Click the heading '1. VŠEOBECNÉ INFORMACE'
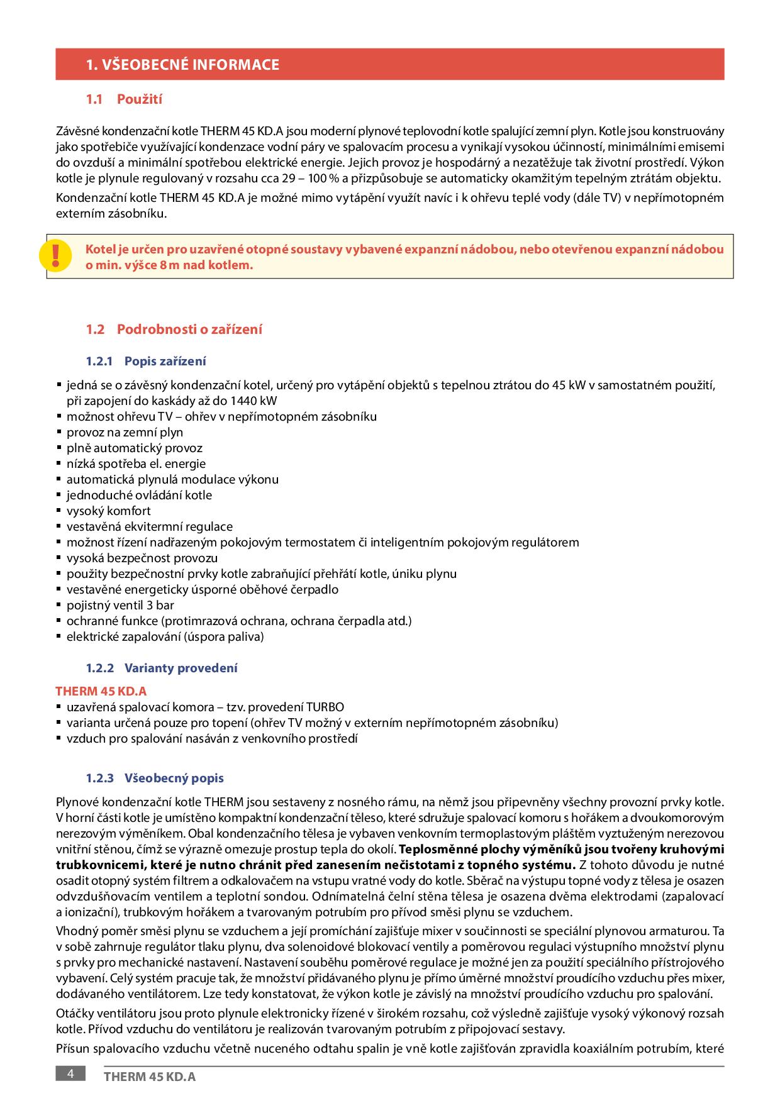click(x=182, y=65)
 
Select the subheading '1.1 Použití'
click(x=125, y=99)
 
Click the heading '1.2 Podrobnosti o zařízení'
click(x=174, y=330)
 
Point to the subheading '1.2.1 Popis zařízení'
click(x=146, y=362)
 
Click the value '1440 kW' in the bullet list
click(x=254, y=401)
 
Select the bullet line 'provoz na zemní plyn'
click(x=125, y=433)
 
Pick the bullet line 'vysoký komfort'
click(x=109, y=511)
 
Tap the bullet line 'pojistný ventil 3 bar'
click(x=120, y=606)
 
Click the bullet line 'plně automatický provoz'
click(x=135, y=448)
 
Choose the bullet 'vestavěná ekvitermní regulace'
click(x=150, y=527)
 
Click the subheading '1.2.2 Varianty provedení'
click(x=162, y=668)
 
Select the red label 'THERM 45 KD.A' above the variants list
click(x=101, y=692)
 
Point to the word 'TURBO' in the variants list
click(x=325, y=707)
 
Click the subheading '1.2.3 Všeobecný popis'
click(x=155, y=779)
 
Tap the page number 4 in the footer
click(x=70, y=1073)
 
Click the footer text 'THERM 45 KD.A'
click(x=150, y=1077)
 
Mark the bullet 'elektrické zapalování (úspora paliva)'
click(x=165, y=637)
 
